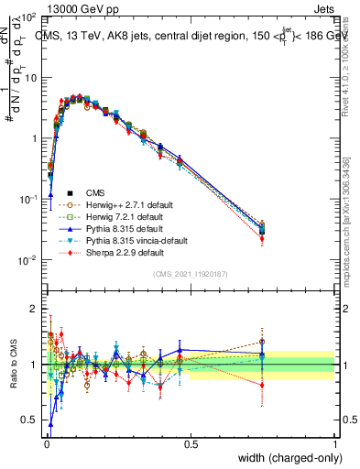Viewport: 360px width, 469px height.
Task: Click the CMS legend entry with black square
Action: pyautogui.click(x=97, y=192)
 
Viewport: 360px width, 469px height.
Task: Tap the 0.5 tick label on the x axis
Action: pyautogui.click(x=191, y=442)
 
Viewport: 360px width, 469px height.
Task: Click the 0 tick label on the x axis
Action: pyautogui.click(x=46, y=442)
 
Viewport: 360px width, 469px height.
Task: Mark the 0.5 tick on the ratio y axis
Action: pyautogui.click(x=31, y=420)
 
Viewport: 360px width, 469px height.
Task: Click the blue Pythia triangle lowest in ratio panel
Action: pyautogui.click(x=50, y=424)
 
